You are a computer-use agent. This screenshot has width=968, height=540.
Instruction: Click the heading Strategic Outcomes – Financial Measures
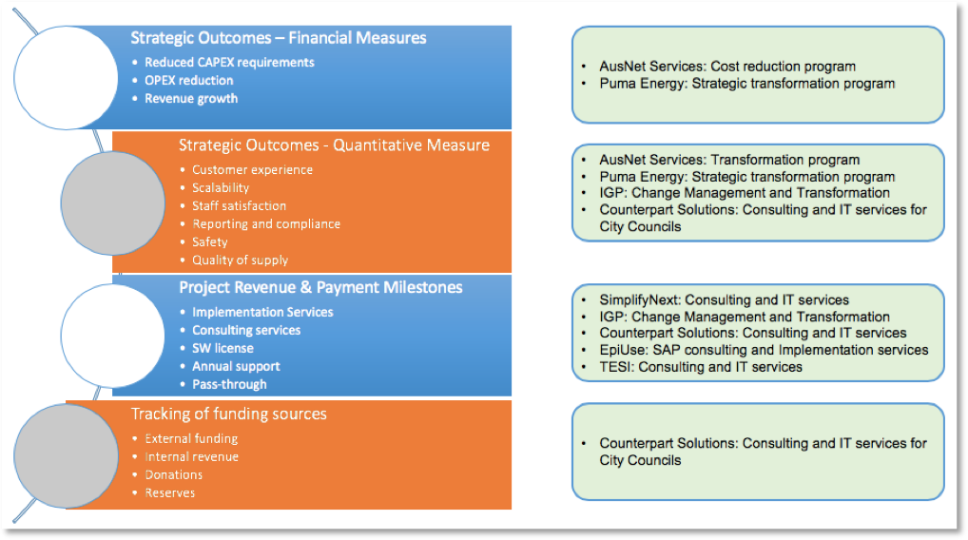[x=279, y=39]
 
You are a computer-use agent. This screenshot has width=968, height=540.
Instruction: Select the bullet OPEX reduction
[x=188, y=81]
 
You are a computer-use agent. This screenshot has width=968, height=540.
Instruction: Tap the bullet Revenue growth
[x=191, y=99]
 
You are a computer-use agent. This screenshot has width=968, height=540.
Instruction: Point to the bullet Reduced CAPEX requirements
[x=229, y=63]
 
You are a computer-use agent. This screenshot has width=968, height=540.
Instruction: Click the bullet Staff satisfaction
[x=239, y=206]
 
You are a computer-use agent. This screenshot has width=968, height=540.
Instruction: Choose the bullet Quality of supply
[x=240, y=260]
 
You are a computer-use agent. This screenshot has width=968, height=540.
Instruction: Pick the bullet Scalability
[x=221, y=188]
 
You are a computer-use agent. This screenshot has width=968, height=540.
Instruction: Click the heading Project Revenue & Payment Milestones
[x=320, y=288]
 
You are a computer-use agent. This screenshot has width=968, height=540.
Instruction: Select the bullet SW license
[x=223, y=349]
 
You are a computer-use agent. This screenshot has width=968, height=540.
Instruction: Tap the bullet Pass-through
[x=229, y=385]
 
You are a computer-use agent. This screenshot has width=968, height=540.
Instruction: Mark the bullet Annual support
[x=236, y=367]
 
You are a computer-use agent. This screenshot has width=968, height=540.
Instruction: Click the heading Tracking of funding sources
[x=228, y=415]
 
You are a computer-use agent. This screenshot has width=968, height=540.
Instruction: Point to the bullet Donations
[x=173, y=475]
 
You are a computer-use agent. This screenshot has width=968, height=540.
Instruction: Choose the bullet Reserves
[x=169, y=493]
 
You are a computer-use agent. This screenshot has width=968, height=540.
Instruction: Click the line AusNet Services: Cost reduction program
[x=727, y=67]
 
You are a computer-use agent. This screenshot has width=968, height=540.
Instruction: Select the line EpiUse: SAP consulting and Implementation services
[x=764, y=351]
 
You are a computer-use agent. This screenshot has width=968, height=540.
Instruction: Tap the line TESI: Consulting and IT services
[x=701, y=367]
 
